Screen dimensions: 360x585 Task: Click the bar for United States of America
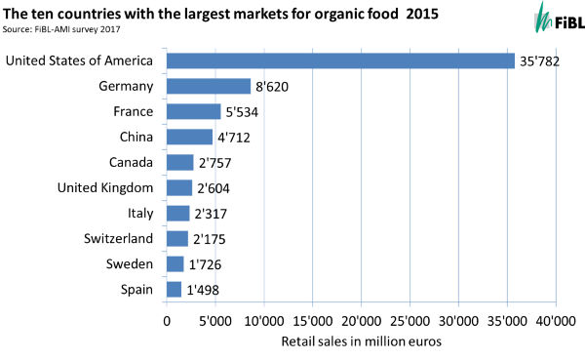(x=340, y=60)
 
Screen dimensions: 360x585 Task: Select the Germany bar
(x=209, y=86)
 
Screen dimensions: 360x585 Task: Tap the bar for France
(x=194, y=111)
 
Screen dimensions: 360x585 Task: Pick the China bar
(x=189, y=137)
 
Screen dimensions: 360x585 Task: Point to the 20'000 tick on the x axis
(x=361, y=319)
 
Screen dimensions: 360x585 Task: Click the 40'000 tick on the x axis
(x=555, y=319)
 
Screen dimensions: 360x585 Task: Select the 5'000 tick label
(x=215, y=319)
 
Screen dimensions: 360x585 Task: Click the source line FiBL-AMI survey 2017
(x=66, y=30)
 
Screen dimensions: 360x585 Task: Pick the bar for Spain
(x=175, y=289)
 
